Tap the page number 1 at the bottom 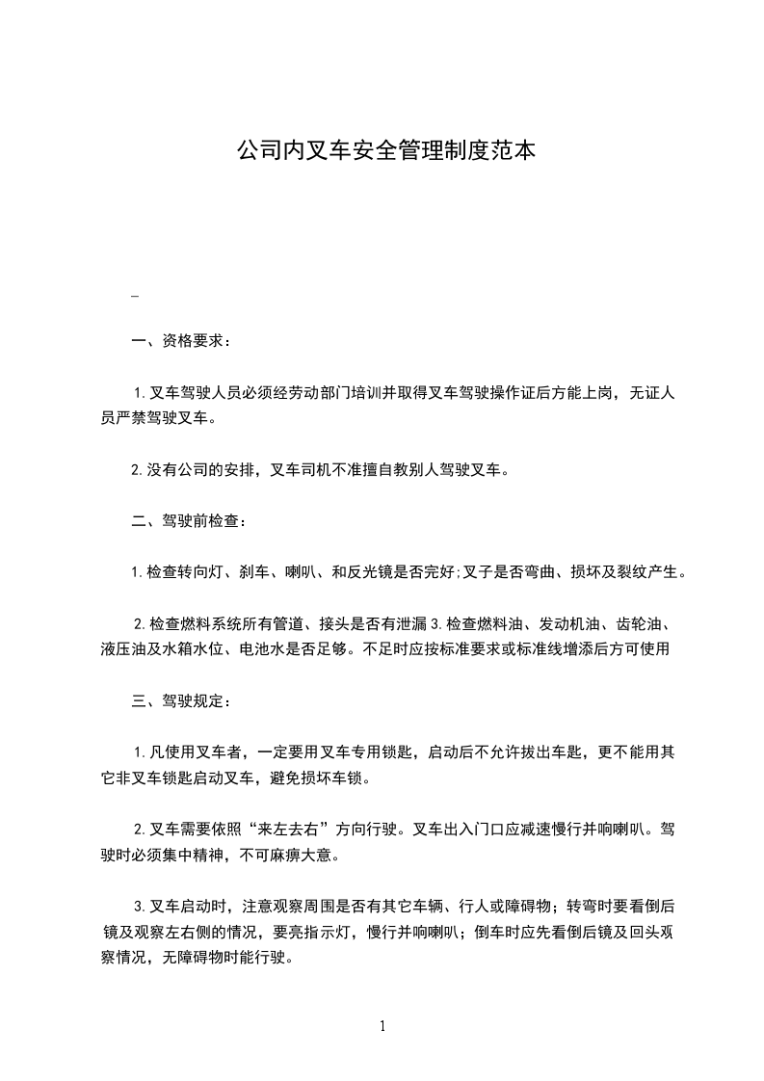(x=382, y=1027)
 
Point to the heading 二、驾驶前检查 (x=188, y=522)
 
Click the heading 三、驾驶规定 (x=180, y=700)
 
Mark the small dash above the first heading (x=135, y=296)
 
